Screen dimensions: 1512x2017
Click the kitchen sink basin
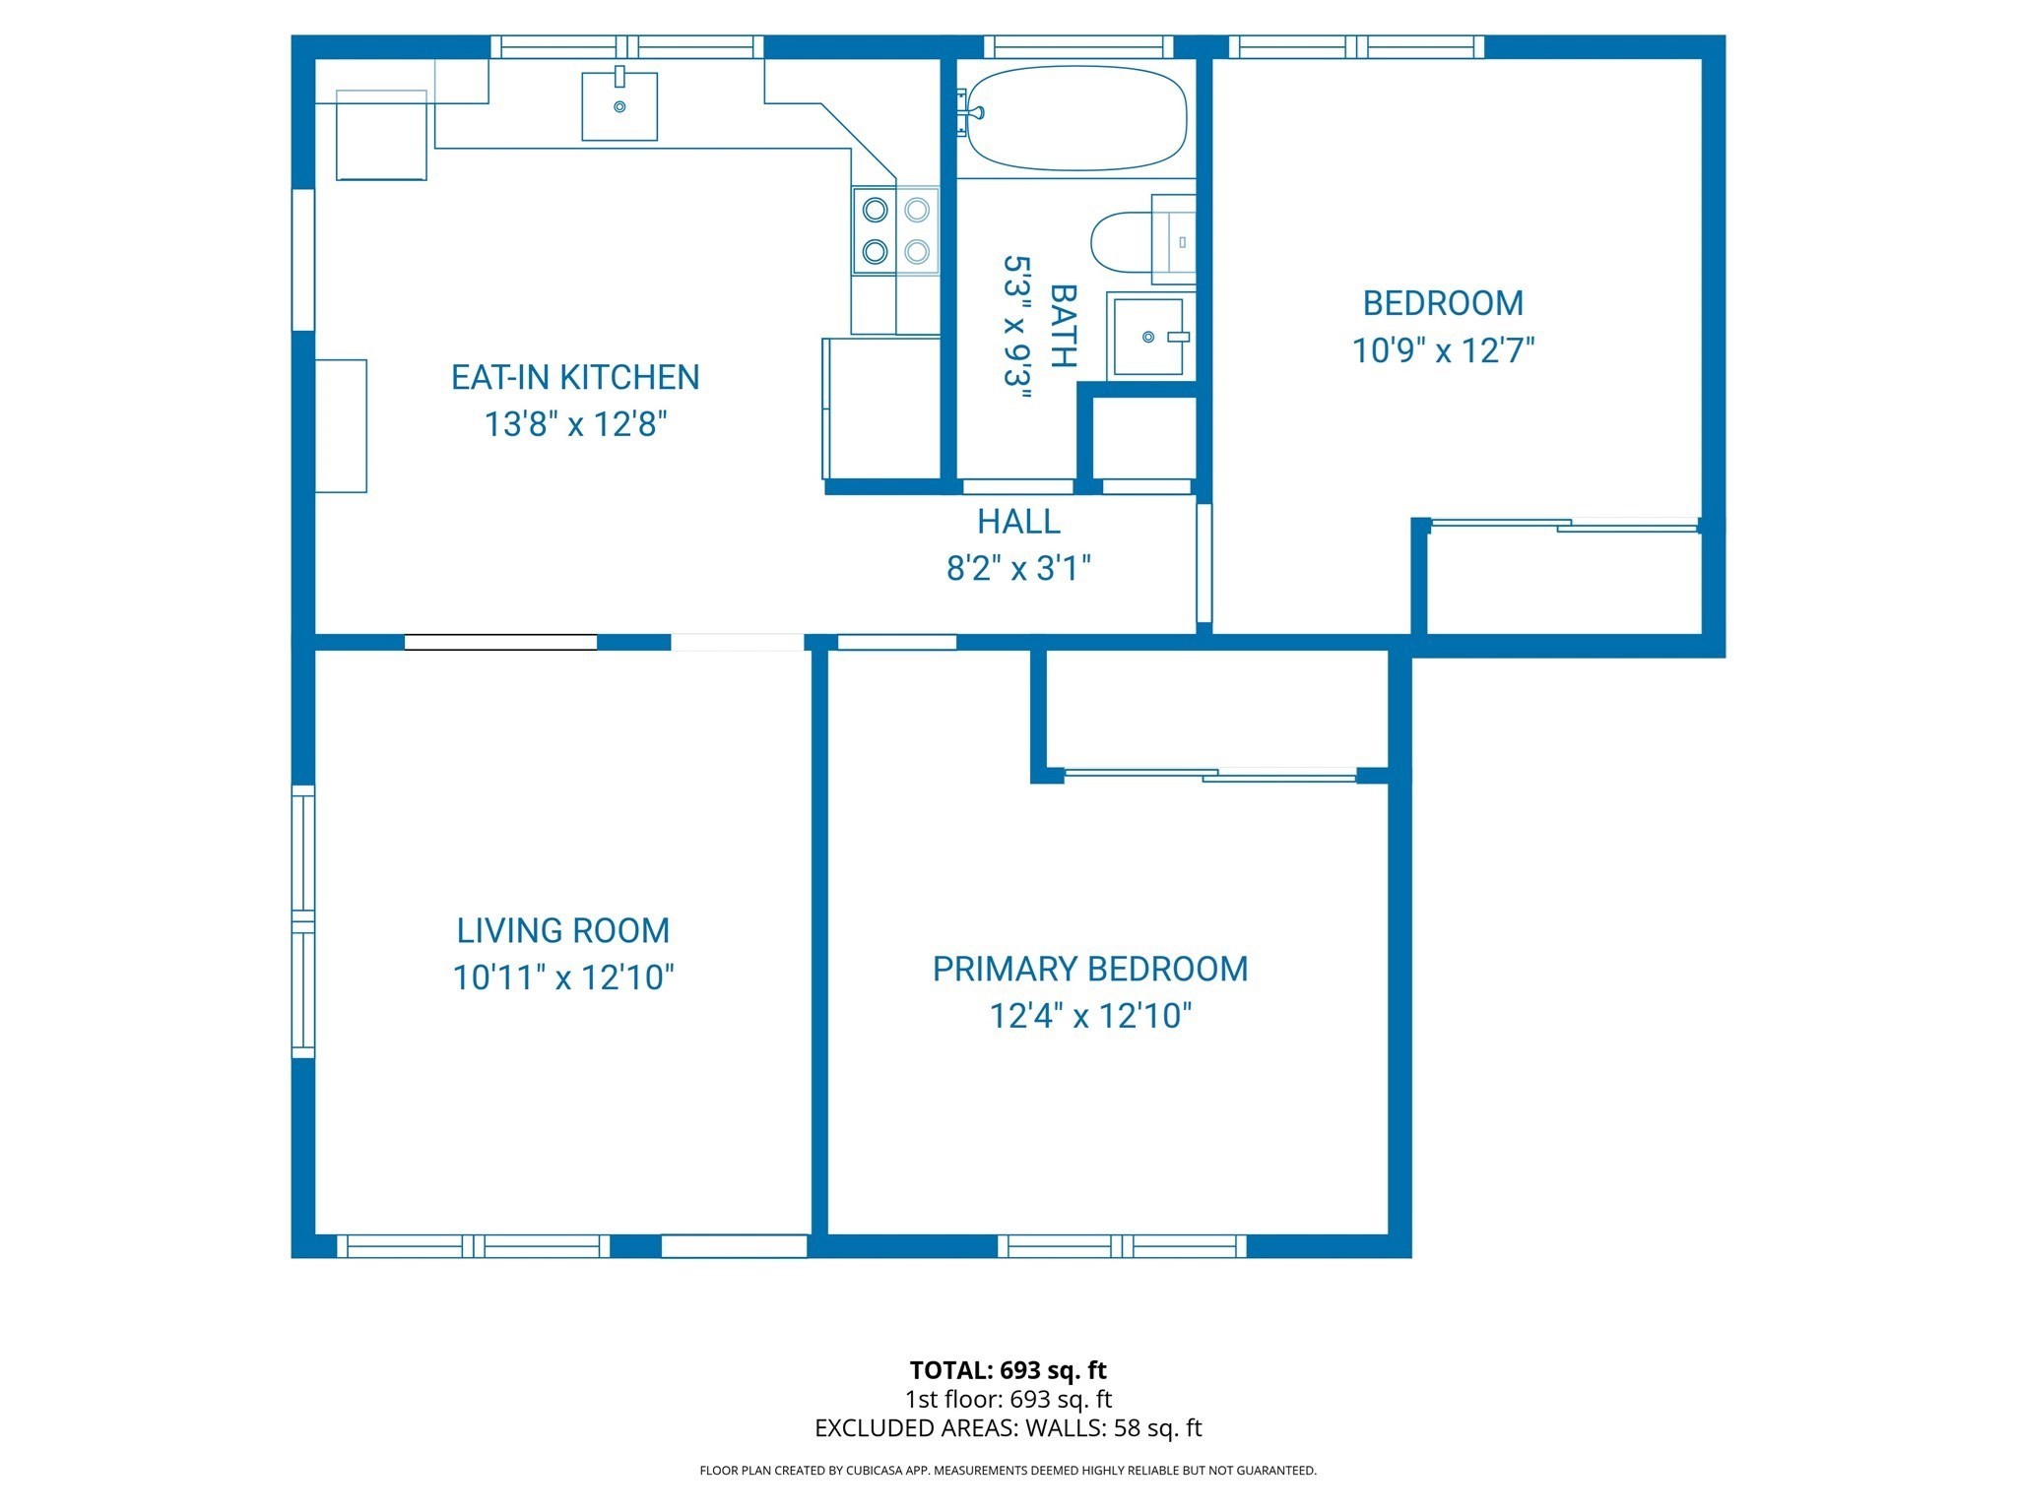[619, 106]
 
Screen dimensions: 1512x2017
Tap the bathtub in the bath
[1076, 118]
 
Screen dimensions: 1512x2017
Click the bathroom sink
[1147, 337]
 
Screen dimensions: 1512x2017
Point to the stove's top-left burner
[875, 210]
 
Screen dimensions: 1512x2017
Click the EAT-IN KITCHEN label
[575, 377]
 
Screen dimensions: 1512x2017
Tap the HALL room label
[1018, 521]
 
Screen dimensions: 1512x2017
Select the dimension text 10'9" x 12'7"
[1443, 350]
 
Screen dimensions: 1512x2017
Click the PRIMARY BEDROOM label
[1090, 969]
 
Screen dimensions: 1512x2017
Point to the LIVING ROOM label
[562, 930]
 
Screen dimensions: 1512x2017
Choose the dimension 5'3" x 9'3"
[1016, 327]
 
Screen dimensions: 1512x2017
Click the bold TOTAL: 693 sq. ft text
[1008, 1370]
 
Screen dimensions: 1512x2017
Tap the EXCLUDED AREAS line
[1008, 1428]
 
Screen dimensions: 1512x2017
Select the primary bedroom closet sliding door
[1209, 775]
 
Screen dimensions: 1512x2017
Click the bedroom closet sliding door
[1563, 525]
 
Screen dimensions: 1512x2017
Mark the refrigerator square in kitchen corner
[381, 135]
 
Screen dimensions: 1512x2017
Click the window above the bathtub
[1078, 46]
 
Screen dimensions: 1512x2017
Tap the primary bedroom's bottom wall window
[1122, 1246]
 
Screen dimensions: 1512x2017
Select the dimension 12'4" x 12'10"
[1090, 1015]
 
